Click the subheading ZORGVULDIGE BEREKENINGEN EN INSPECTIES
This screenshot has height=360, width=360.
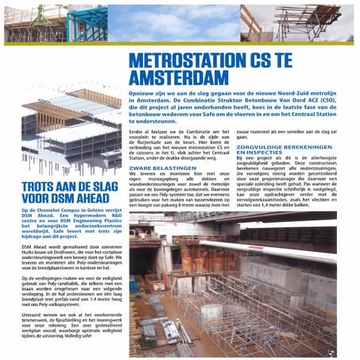[x=278, y=149]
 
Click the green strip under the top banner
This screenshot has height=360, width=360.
[x=180, y=43]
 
